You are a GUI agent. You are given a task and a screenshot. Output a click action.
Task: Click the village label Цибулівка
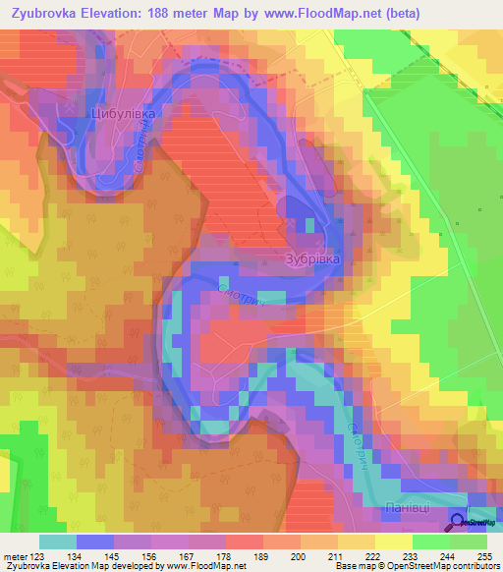tap(124, 114)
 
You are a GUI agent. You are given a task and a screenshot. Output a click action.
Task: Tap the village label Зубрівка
tap(312, 259)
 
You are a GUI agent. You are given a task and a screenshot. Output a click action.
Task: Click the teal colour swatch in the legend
tap(58, 542)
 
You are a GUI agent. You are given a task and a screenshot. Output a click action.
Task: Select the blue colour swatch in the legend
tap(95, 542)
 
